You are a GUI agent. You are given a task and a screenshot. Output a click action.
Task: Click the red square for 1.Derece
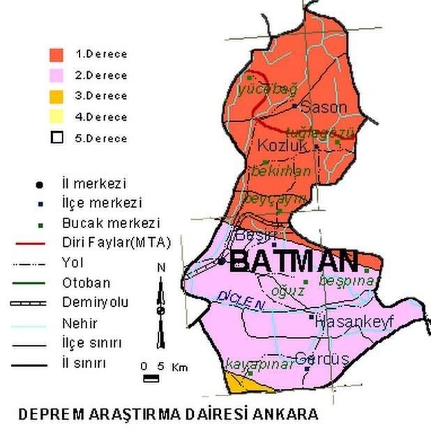click(x=56, y=54)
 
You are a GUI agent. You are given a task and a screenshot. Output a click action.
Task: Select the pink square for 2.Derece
click(x=56, y=75)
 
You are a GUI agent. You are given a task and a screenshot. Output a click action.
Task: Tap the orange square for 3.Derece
click(x=56, y=96)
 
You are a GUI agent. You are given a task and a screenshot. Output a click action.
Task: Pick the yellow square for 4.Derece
click(x=56, y=116)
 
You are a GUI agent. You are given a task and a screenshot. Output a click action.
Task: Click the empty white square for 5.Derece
click(x=56, y=137)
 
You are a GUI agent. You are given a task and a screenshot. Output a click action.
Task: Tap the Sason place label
click(x=323, y=107)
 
